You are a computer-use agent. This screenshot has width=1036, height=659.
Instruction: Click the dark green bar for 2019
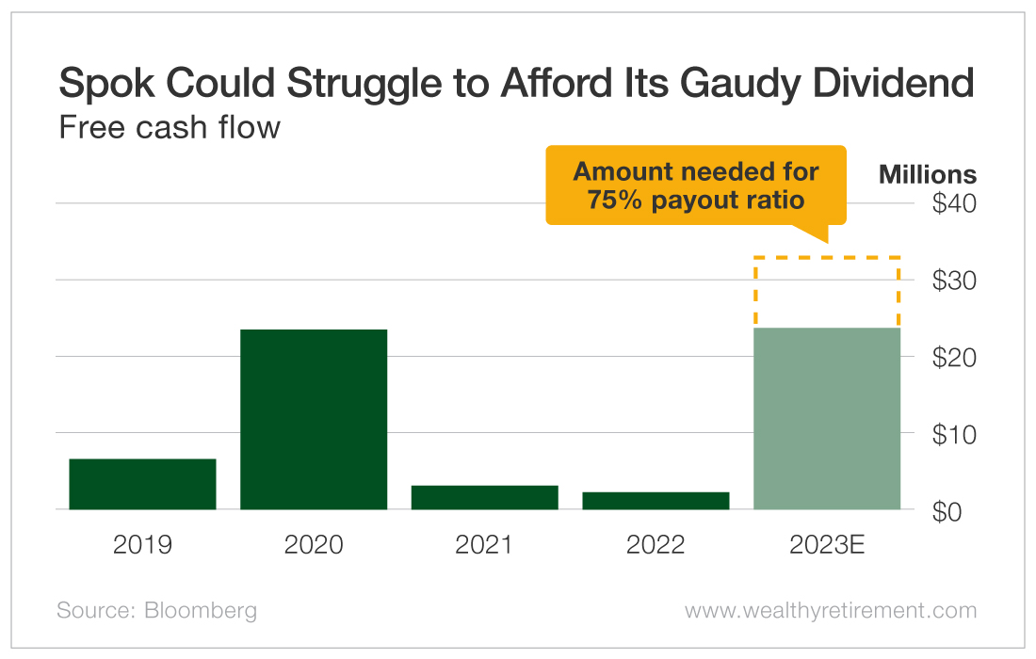pos(142,484)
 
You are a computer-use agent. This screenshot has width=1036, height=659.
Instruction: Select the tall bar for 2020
pos(314,419)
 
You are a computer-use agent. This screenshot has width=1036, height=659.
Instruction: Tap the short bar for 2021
pos(485,497)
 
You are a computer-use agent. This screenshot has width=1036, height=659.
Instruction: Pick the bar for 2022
pos(656,500)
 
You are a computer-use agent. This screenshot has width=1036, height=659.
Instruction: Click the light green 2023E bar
pos(827,419)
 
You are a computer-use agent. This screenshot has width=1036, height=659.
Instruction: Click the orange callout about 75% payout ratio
pos(696,185)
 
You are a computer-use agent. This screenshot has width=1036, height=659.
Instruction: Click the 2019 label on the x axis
pos(142,545)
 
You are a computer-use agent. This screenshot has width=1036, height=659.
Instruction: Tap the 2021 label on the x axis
pos(485,545)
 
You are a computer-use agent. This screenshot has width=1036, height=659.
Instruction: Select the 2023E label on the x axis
pos(827,545)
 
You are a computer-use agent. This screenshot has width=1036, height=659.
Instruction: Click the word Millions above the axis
pos(927,175)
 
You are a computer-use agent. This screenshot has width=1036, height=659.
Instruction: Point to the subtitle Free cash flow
pos(170,127)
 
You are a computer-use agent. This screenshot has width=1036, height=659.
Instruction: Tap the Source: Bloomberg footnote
pos(156,610)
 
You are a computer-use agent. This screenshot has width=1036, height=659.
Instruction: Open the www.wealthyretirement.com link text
pos(830,610)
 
